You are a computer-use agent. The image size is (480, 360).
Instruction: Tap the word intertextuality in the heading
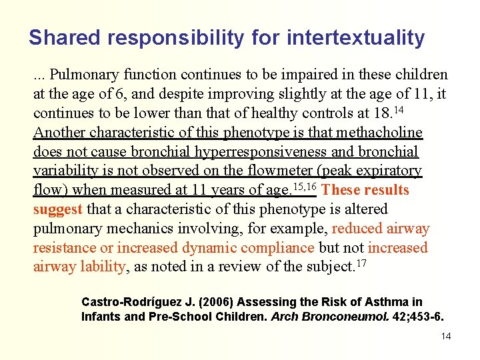355,38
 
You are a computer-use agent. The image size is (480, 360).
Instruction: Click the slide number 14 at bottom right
446,336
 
